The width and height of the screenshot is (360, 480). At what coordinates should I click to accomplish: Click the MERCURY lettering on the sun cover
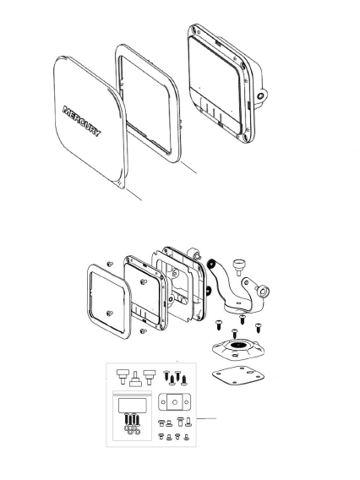[x=81, y=121]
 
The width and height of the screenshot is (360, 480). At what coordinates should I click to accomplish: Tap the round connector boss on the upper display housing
[x=261, y=96]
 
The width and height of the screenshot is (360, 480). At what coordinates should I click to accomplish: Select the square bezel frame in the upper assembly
[x=148, y=103]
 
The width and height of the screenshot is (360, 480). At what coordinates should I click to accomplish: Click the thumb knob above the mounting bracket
[x=238, y=267]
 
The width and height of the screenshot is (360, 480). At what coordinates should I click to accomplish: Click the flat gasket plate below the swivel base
[x=237, y=375]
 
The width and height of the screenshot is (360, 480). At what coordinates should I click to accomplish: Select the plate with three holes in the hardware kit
[x=174, y=401]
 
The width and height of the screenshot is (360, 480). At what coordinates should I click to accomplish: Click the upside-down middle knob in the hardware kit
[x=135, y=379]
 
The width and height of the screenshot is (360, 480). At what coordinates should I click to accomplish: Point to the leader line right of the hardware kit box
[x=206, y=418]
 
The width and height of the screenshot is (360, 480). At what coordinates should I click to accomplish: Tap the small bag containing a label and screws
[x=132, y=416]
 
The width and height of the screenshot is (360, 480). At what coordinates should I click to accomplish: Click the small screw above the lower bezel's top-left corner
[x=110, y=264]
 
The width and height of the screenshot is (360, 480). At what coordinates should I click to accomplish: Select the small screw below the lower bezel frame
[x=143, y=331]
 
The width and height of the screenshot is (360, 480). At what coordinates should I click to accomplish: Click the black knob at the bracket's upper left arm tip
[x=211, y=265]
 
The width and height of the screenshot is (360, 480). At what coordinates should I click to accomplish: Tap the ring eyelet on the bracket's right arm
[x=263, y=291]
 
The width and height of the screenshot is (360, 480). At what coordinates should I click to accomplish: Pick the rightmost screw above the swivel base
[x=258, y=327]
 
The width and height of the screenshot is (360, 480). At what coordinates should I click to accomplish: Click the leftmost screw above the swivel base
[x=219, y=325]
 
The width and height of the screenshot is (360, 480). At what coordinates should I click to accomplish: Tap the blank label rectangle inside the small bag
[x=132, y=406]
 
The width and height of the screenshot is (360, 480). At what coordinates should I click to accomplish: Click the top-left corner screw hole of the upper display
[x=194, y=30]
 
